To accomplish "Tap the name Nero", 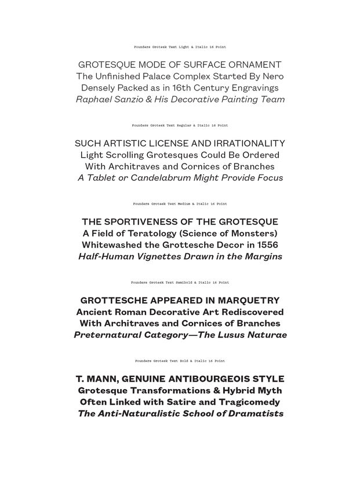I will tap(272, 77).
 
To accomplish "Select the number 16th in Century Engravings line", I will tap(173, 88).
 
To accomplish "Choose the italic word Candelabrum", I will tap(161, 178).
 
